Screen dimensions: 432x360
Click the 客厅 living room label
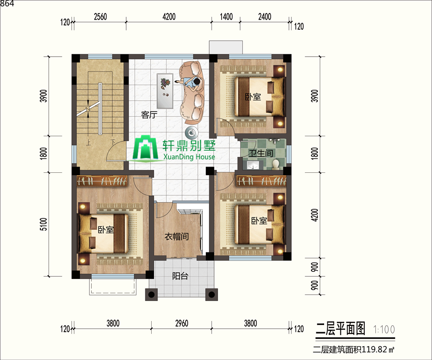point(149,115)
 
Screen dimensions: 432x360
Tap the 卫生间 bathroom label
point(261,153)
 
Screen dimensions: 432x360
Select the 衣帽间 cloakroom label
point(177,236)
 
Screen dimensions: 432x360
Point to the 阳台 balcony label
point(180,276)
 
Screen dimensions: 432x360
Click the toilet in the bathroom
point(276,164)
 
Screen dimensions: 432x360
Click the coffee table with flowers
point(165,91)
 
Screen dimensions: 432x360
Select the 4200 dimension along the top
point(169,17)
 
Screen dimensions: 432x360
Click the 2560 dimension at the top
point(100,17)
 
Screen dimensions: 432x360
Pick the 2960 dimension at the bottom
point(181,323)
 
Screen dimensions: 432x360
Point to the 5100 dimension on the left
point(44,224)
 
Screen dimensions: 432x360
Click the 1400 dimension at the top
point(226,17)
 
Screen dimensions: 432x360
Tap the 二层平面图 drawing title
point(340,328)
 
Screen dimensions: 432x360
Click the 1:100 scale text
point(384,329)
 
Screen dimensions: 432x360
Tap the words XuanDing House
point(189,157)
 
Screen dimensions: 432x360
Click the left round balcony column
point(151,294)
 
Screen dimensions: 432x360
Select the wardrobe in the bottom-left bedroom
point(102,180)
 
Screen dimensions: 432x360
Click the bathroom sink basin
point(252,165)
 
